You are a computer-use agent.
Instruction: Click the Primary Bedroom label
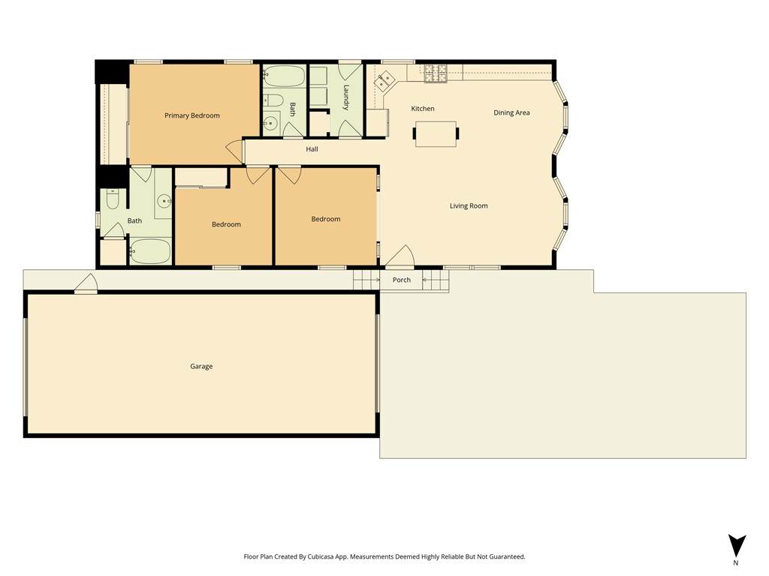pyautogui.click(x=191, y=115)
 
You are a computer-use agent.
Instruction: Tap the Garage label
pyautogui.click(x=201, y=366)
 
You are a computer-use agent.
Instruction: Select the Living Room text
pyautogui.click(x=469, y=205)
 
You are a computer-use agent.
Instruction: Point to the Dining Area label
pyautogui.click(x=511, y=112)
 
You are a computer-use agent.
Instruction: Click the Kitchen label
pyautogui.click(x=422, y=109)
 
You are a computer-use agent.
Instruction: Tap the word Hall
pyautogui.click(x=312, y=149)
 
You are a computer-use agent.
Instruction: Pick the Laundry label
pyautogui.click(x=346, y=97)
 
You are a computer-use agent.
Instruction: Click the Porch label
pyautogui.click(x=401, y=280)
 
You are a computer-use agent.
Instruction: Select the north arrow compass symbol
pyautogui.click(x=736, y=546)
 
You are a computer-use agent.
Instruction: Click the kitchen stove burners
pyautogui.click(x=436, y=73)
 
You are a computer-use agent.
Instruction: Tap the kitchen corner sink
pyautogui.click(x=384, y=81)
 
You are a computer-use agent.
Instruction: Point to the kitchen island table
pyautogui.click(x=436, y=133)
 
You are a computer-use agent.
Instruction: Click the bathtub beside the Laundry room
pyautogui.click(x=284, y=76)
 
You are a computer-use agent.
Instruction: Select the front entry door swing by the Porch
pyautogui.click(x=400, y=256)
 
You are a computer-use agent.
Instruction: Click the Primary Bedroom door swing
pyautogui.click(x=235, y=151)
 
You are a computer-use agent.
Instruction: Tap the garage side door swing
pyautogui.click(x=86, y=283)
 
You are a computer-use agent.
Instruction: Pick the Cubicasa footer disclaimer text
pyautogui.click(x=384, y=557)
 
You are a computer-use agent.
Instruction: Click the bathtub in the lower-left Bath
pyautogui.click(x=150, y=251)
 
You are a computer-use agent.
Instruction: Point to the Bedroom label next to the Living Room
pyautogui.click(x=326, y=219)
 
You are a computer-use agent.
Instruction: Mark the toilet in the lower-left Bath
pyautogui.click(x=113, y=199)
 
